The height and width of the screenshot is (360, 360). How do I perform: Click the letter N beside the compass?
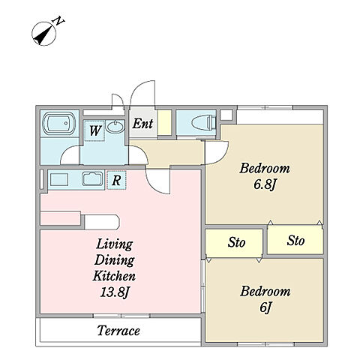coord(59,21)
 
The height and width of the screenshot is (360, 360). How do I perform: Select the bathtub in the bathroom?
coord(59,124)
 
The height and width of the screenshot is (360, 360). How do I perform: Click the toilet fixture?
coord(203,122)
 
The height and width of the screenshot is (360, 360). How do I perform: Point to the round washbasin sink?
coord(115,126)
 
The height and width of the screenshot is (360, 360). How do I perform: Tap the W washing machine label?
coord(95,130)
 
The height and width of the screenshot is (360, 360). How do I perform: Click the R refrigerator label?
coord(116,180)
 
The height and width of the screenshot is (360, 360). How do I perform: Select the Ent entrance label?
coord(142,124)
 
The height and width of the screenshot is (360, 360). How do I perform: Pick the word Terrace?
coord(118,331)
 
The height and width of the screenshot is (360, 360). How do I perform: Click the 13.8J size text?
coord(115,292)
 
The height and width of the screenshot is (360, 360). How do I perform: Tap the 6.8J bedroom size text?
coord(265,185)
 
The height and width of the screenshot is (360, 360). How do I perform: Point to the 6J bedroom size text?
coord(265,307)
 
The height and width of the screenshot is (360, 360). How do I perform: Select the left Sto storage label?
coord(236,242)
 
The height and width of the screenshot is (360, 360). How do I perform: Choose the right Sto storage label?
coord(295,241)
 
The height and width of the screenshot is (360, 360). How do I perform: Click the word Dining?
coord(114,260)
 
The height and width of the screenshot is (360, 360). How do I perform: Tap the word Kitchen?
coord(114,276)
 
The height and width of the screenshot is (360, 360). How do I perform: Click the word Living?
coord(115,244)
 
